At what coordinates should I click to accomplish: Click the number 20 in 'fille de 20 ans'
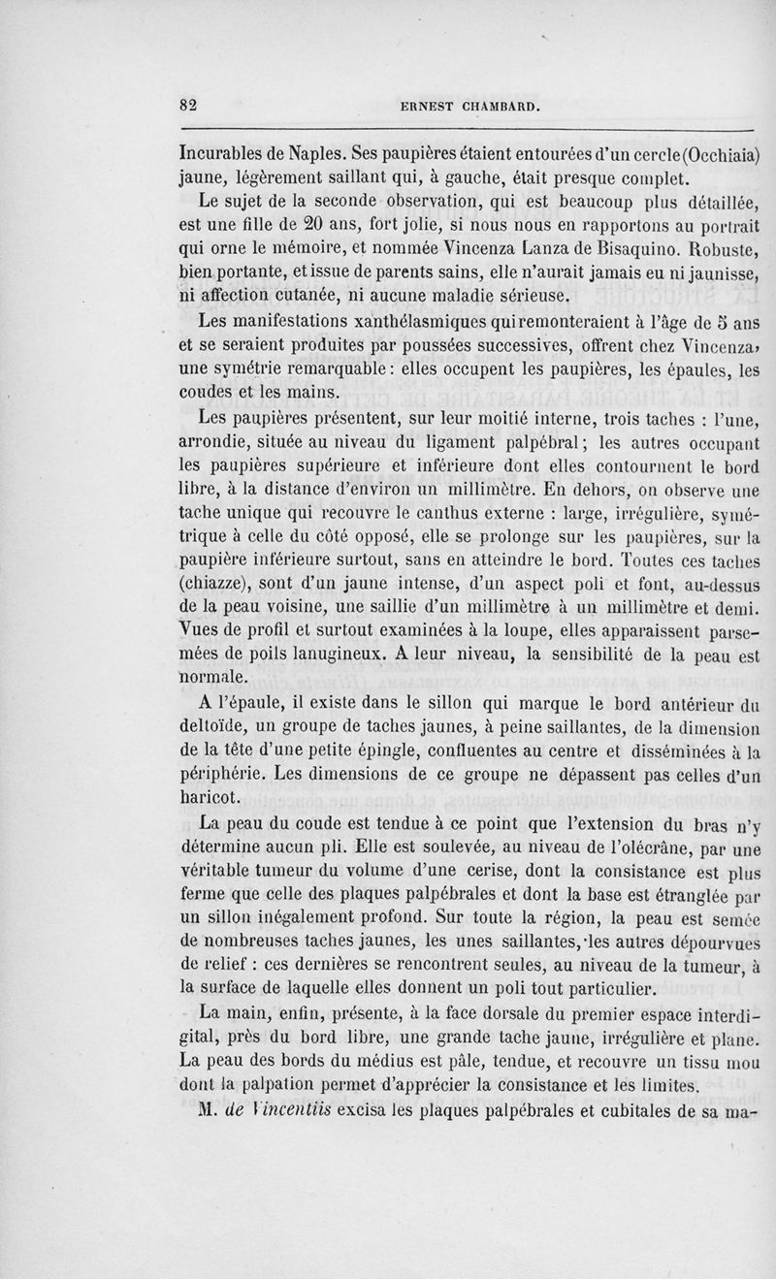tap(322, 226)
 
